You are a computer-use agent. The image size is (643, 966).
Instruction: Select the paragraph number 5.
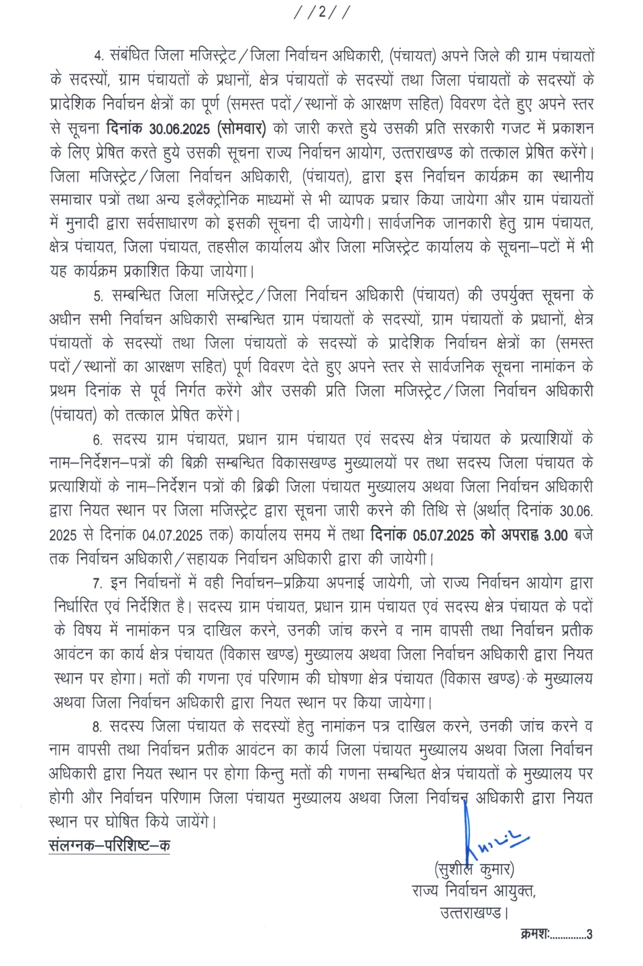[x=99, y=296]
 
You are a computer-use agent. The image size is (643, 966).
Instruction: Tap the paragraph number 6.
[x=99, y=440]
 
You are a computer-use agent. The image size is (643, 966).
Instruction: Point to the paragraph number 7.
[x=99, y=584]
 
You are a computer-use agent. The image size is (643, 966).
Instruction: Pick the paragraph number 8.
[x=99, y=727]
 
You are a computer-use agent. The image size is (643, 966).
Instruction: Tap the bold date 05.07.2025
[x=445, y=535]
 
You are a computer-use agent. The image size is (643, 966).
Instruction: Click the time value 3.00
[x=556, y=535]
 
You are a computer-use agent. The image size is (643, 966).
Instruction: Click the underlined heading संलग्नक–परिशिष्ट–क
[x=109, y=845]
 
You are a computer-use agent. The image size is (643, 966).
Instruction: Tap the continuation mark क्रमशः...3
[x=556, y=934]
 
